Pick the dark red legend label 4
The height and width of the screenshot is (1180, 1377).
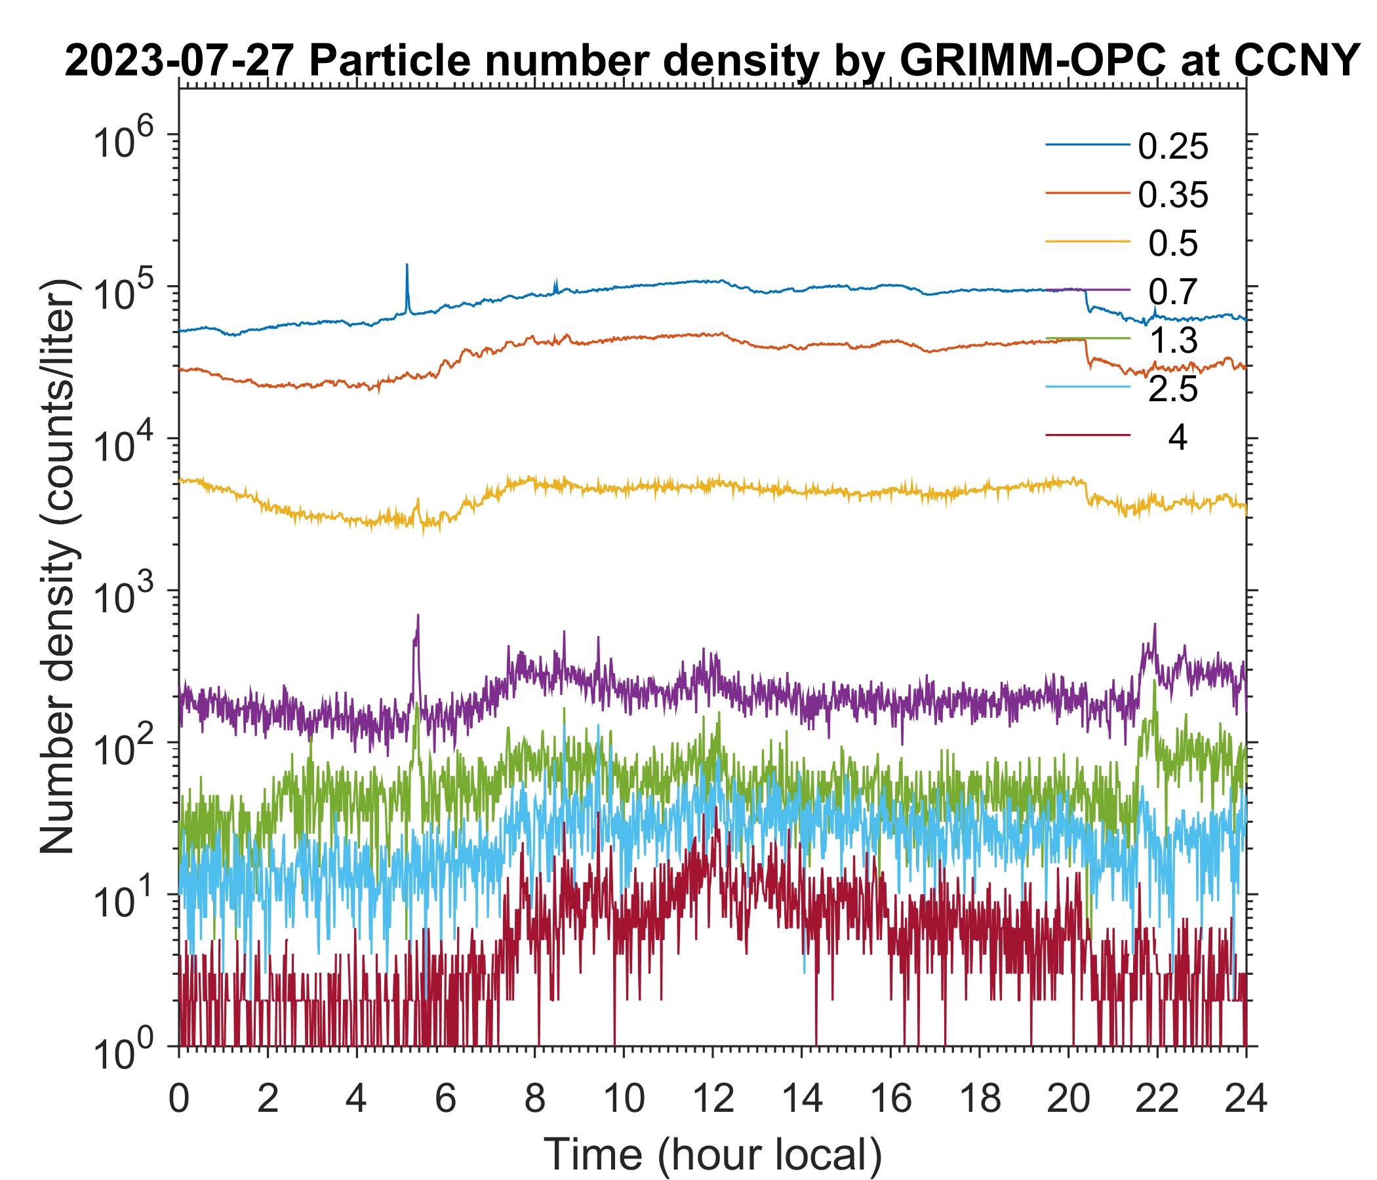pos(1177,439)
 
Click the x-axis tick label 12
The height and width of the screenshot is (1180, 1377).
pos(712,1097)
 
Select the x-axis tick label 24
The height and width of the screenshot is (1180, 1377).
pos(1245,1097)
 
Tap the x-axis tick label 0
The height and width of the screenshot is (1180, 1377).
pos(178,1097)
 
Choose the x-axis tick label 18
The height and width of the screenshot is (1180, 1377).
pos(980,1097)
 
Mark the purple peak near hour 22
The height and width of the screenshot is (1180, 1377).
pos(1154,625)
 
